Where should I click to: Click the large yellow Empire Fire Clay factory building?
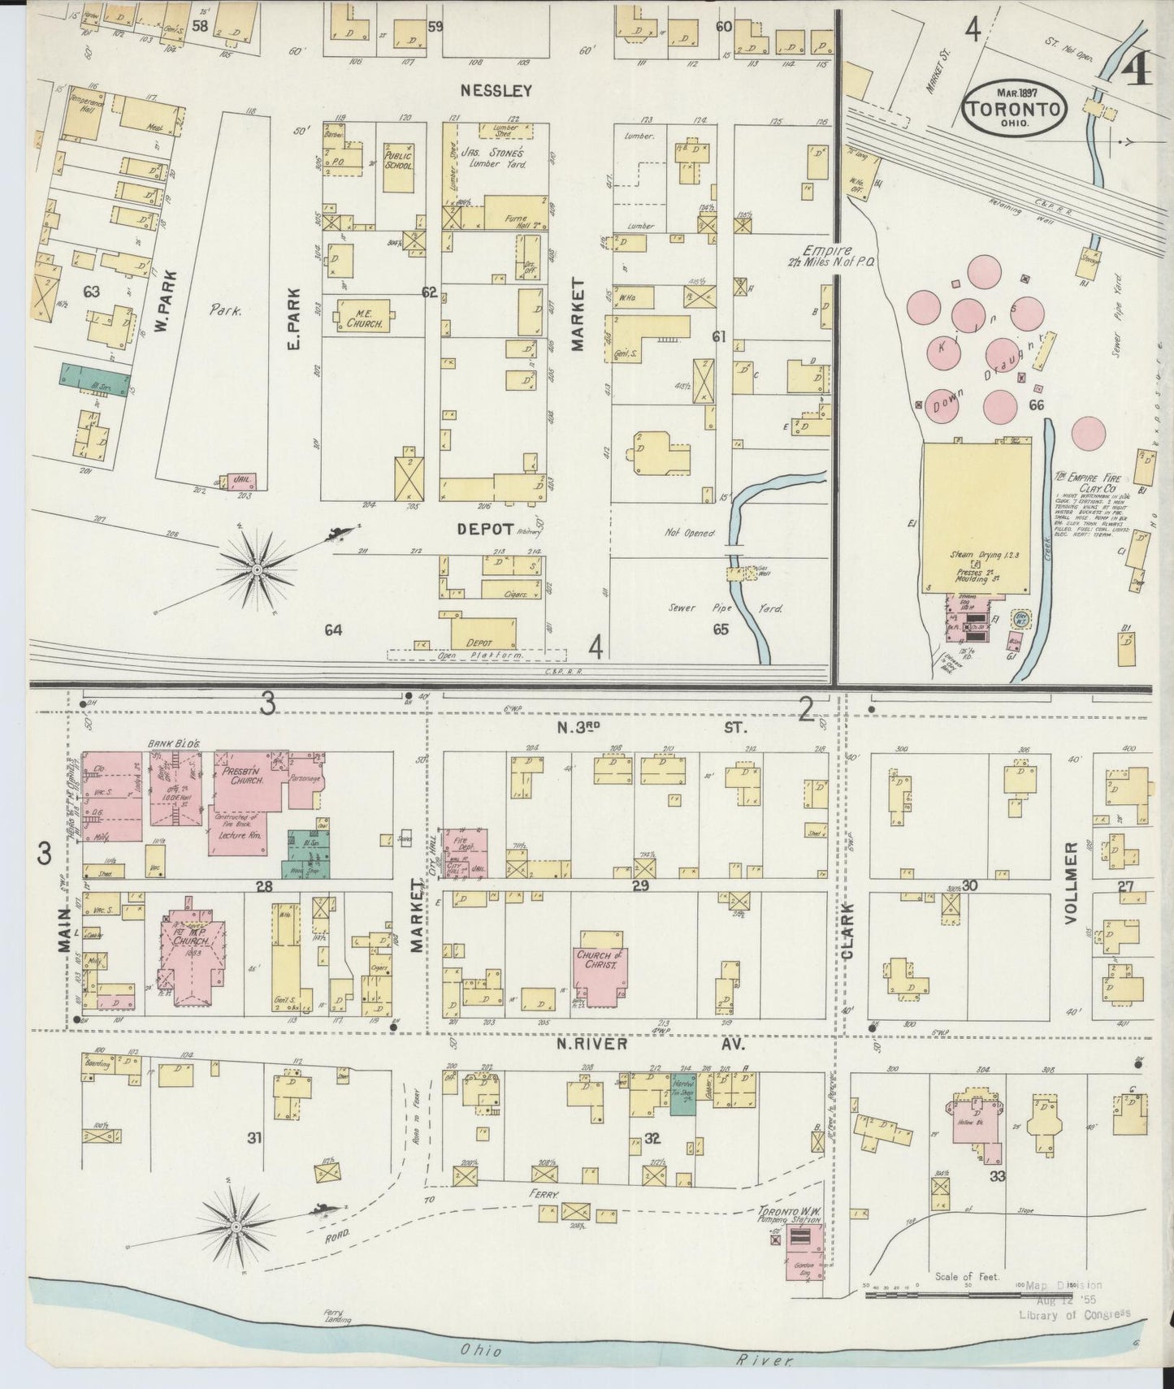977,516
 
